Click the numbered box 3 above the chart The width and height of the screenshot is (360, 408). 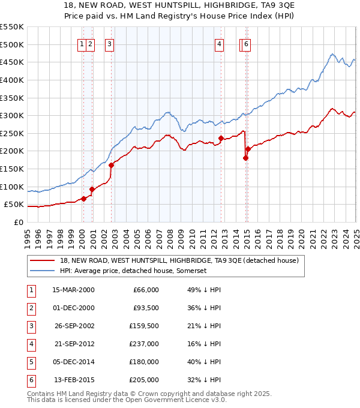[110, 43]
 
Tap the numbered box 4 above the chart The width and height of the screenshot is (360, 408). [220, 43]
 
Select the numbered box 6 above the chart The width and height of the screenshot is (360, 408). [247, 43]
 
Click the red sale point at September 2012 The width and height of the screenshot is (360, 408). [221, 138]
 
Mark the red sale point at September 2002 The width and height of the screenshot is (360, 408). [111, 166]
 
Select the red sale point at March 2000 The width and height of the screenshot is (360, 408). [84, 199]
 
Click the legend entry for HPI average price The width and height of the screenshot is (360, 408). [133, 271]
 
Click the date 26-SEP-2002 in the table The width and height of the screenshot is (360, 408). [74, 326]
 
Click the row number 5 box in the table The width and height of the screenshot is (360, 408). [31, 362]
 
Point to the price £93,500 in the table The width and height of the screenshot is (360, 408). [146, 308]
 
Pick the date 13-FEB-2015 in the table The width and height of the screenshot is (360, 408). [74, 380]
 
